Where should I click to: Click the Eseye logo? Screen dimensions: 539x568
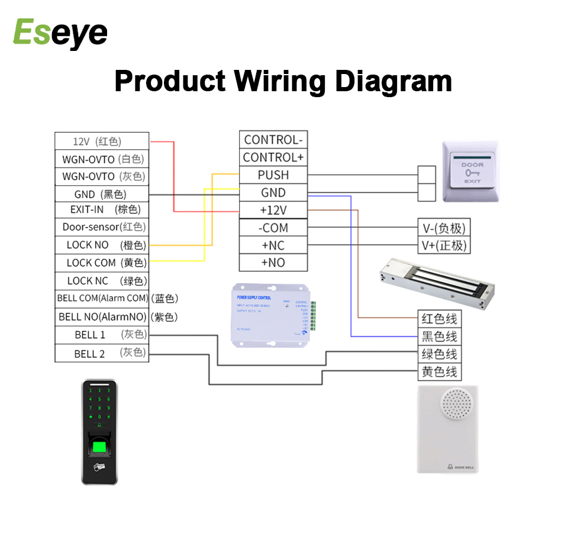tap(60, 33)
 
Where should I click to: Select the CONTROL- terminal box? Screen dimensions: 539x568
tap(273, 140)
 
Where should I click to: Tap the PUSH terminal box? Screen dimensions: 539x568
tap(273, 175)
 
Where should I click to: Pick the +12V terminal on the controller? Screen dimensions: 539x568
tap(273, 210)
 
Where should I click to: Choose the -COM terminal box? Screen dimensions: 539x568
tap(273, 228)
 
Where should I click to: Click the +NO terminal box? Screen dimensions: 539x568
tap(273, 263)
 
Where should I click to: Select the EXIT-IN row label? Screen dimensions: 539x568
tap(102, 210)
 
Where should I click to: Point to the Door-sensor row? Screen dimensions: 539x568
tap(102, 227)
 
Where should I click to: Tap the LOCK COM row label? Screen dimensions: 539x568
tap(102, 262)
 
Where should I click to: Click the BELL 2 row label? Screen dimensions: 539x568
tap(102, 354)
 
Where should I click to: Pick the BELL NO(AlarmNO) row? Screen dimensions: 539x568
tap(102, 317)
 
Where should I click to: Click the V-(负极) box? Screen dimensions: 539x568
tap(444, 228)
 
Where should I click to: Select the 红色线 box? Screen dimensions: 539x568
tap(439, 319)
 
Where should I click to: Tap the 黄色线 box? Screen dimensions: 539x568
tap(439, 372)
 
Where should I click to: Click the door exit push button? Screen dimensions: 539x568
tap(472, 172)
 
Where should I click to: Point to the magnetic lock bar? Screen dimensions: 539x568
tap(437, 281)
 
